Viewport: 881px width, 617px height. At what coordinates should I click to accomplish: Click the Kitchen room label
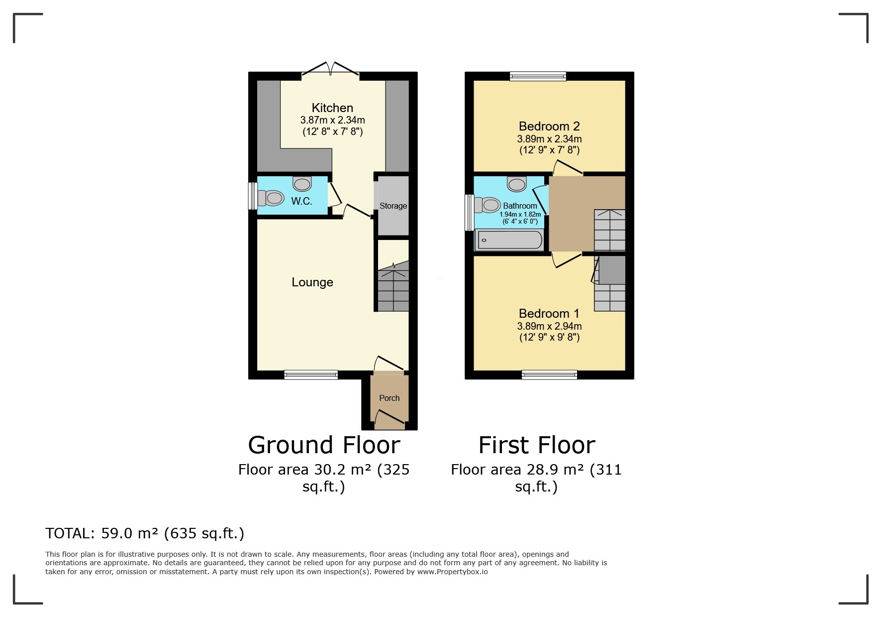click(x=332, y=108)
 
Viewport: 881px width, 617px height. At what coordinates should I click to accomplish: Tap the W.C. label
click(x=301, y=201)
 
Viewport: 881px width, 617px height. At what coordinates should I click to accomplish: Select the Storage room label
click(x=393, y=206)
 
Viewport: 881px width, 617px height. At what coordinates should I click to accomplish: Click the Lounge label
click(x=312, y=282)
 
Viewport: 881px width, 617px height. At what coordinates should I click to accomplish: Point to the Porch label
click(x=389, y=398)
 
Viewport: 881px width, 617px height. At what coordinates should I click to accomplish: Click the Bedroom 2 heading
click(x=549, y=126)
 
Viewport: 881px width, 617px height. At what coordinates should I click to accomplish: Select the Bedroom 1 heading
click(x=549, y=314)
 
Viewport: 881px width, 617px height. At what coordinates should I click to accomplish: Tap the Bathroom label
click(x=520, y=206)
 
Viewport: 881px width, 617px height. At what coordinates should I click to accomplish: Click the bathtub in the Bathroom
click(x=509, y=241)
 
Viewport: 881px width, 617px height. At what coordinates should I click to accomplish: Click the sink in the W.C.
click(x=302, y=184)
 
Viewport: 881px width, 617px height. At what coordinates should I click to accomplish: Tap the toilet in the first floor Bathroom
click(x=487, y=205)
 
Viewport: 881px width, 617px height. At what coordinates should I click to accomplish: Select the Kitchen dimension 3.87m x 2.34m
click(x=332, y=120)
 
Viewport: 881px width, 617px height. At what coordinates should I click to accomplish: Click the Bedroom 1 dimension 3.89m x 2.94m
click(x=549, y=327)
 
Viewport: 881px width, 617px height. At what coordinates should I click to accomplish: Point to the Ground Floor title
click(x=324, y=445)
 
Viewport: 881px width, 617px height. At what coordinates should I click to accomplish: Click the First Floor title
click(x=536, y=445)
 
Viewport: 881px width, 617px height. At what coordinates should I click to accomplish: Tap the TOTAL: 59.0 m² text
click(x=145, y=533)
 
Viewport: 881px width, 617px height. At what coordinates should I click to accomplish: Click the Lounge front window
click(x=311, y=375)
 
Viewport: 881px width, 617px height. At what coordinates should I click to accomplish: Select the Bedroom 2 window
click(x=538, y=76)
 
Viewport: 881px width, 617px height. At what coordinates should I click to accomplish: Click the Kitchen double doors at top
click(x=330, y=70)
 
